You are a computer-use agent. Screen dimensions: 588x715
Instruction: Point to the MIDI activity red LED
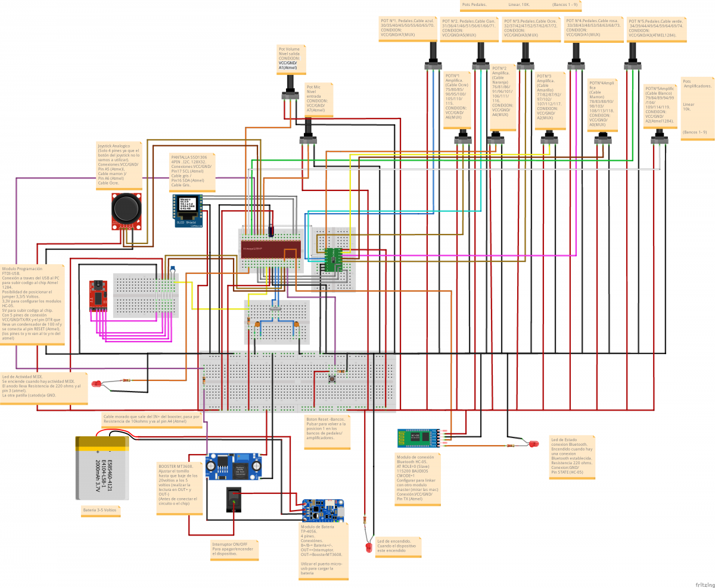click(x=97, y=385)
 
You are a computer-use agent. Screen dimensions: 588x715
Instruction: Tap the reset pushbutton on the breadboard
click(x=332, y=379)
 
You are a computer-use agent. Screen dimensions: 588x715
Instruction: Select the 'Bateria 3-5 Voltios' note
click(x=100, y=510)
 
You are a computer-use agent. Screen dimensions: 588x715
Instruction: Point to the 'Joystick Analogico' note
click(x=119, y=164)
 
